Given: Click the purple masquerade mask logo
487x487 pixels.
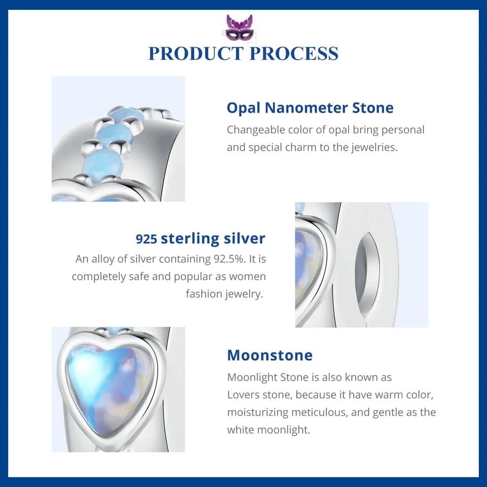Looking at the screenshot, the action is coord(238,27).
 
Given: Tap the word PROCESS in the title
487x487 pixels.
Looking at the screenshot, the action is coord(294,53).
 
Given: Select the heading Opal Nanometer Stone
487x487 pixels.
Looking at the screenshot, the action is coord(310,108).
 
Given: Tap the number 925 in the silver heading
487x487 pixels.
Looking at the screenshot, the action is coord(146,239).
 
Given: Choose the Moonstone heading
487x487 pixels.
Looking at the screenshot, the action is coord(270,355).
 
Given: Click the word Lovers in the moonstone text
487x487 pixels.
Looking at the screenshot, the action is coord(243,395).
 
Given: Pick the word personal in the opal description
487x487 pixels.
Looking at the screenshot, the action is coord(403,130).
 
